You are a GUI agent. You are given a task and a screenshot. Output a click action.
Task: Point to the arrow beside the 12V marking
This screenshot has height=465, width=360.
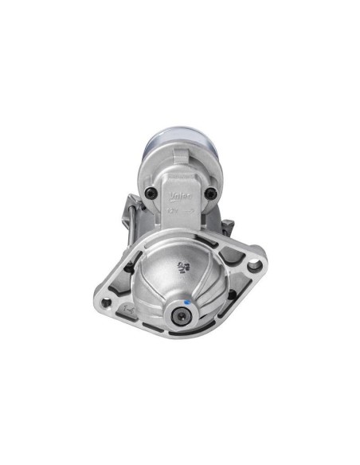click(187, 213)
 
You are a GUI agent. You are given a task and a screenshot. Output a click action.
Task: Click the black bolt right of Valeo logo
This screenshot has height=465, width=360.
click(209, 193)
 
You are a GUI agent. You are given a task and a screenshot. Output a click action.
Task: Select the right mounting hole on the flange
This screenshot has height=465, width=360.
click(252, 267)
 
